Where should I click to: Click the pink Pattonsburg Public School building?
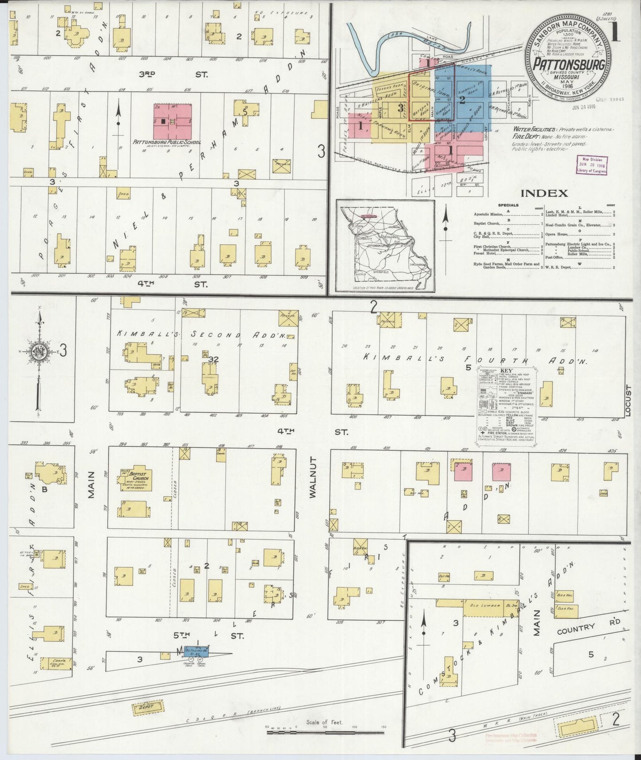pos(173,121)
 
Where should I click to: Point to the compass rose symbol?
pos(39,353)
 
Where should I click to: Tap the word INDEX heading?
pos(544,193)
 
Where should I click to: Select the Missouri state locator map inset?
pos(385,246)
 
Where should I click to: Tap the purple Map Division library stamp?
pos(591,165)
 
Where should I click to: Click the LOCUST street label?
pos(627,400)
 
